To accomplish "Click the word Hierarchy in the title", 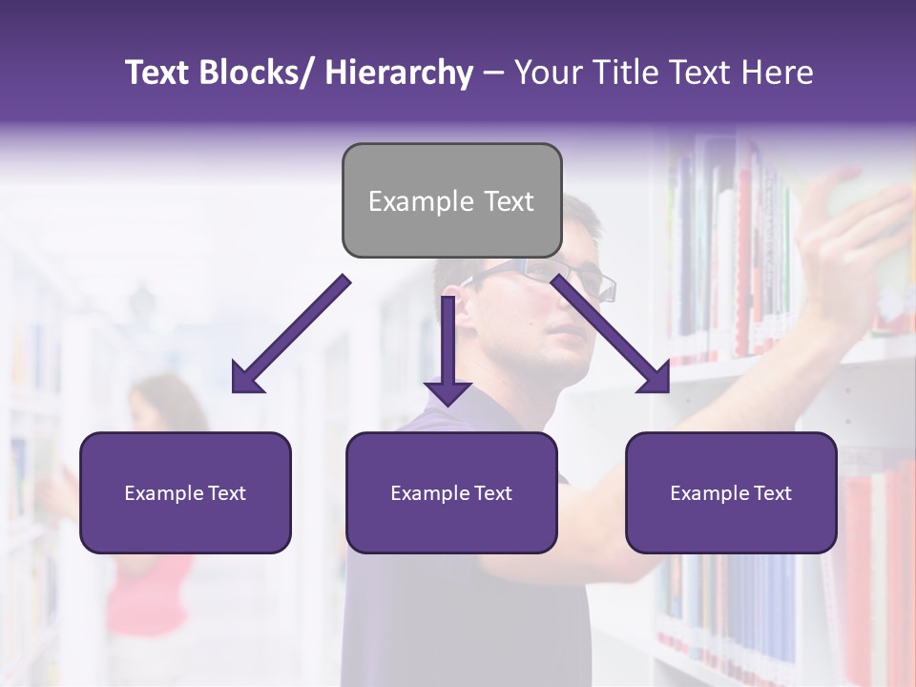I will (x=398, y=73).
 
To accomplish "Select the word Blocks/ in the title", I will (x=256, y=73).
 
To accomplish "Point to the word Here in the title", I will (x=779, y=73).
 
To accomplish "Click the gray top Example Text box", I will (x=451, y=200).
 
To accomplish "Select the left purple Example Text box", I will (x=185, y=492).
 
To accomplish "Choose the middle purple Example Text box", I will (x=451, y=492).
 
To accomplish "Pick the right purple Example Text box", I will (x=731, y=492).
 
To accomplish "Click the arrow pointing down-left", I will (x=291, y=334).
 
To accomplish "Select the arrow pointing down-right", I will (x=611, y=334).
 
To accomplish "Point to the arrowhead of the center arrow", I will (x=448, y=391).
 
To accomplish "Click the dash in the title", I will (x=493, y=73).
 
